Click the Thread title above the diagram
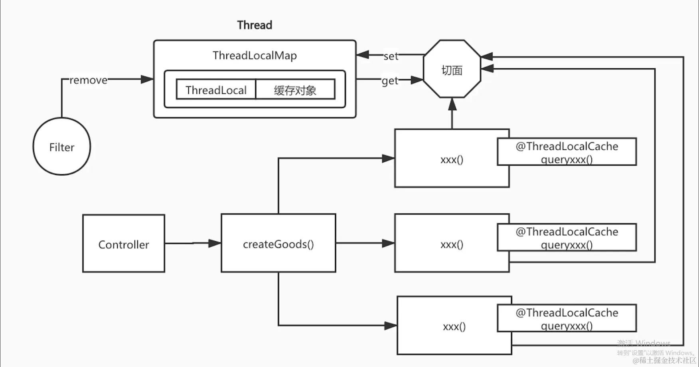[255, 25]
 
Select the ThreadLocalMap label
[255, 56]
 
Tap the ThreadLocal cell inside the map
[216, 90]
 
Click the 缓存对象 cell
[295, 90]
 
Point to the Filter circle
[62, 147]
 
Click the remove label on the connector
[88, 80]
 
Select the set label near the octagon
[391, 56]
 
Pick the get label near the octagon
[389, 81]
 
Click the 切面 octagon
[452, 70]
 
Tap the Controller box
[124, 244]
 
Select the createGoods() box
[278, 244]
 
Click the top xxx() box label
[452, 160]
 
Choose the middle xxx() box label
[452, 244]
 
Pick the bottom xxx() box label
[454, 327]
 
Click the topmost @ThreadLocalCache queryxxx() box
[567, 152]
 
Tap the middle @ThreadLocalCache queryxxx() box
[567, 238]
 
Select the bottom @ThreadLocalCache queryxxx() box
[567, 319]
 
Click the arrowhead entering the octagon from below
[452, 104]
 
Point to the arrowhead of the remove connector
[147, 79]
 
